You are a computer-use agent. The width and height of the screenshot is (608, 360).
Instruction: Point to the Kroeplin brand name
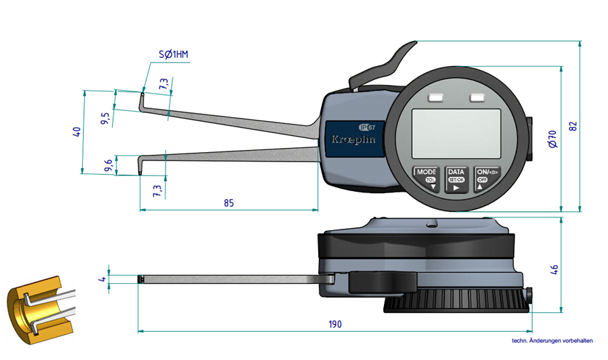tap(353, 139)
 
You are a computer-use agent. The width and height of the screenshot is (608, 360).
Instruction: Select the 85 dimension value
tap(229, 203)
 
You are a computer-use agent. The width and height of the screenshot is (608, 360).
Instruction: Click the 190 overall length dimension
tap(335, 324)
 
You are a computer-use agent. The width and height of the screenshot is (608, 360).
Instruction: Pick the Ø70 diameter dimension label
tap(552, 139)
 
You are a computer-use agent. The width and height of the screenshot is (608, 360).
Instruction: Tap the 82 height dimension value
tap(573, 126)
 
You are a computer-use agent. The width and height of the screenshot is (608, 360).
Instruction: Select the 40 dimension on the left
tap(77, 132)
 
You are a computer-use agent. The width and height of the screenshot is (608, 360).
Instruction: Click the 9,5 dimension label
tap(106, 118)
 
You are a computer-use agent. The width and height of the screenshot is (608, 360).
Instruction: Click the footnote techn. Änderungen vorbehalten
tap(552, 340)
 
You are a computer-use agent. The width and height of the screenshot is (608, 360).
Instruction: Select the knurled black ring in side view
tap(457, 303)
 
